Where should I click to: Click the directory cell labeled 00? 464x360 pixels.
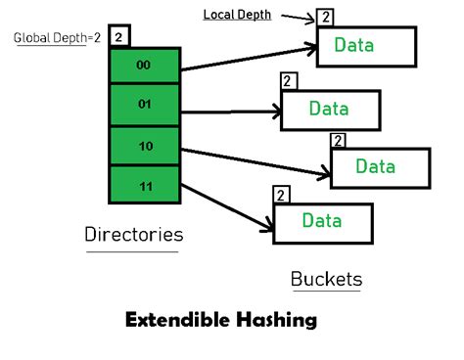[145, 66]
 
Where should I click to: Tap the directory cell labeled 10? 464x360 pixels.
[145, 145]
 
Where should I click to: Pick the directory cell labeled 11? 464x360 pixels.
[145, 184]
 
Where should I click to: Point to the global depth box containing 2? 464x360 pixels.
[118, 36]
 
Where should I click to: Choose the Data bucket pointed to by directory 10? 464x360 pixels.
[381, 166]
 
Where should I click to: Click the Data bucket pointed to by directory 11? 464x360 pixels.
[322, 221]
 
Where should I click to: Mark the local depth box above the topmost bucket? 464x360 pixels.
[325, 18]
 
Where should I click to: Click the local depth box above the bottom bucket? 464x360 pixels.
[282, 195]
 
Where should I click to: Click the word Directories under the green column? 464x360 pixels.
[134, 235]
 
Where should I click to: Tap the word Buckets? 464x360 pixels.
[326, 279]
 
